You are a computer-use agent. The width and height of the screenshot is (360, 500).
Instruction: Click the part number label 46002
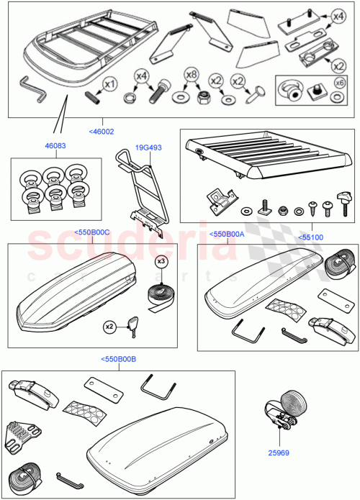point(102,131)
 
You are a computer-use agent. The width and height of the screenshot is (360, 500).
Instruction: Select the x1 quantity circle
point(109,83)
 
